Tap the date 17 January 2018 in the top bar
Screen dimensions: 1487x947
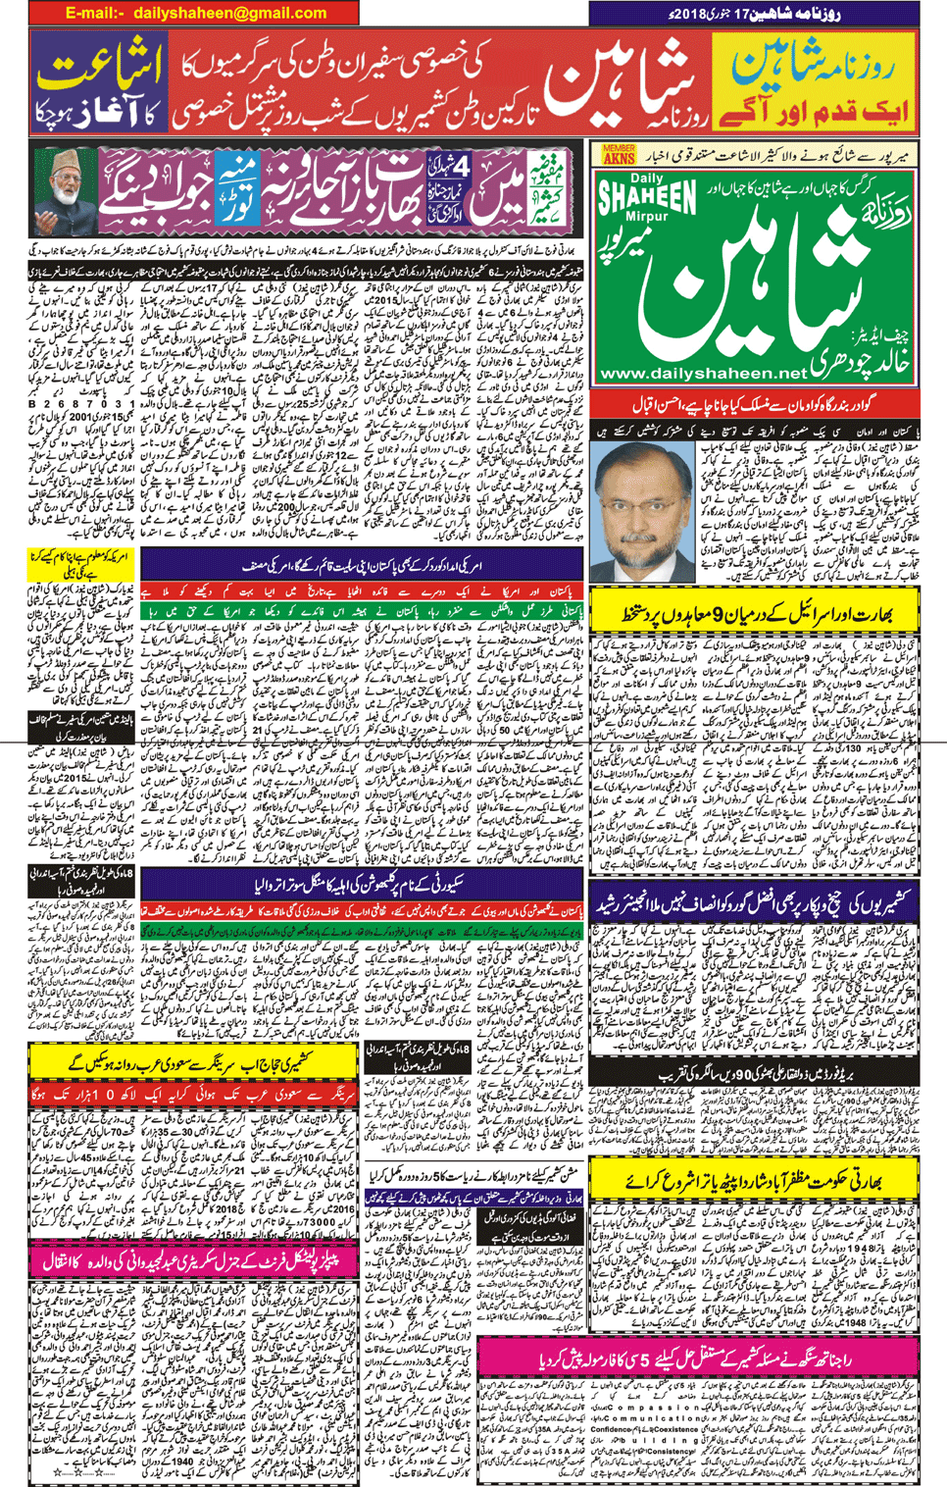click(755, 14)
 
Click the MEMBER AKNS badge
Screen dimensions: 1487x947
click(619, 154)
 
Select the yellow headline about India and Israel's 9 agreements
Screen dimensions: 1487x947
click(756, 615)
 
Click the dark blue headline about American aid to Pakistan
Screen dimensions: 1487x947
click(363, 566)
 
